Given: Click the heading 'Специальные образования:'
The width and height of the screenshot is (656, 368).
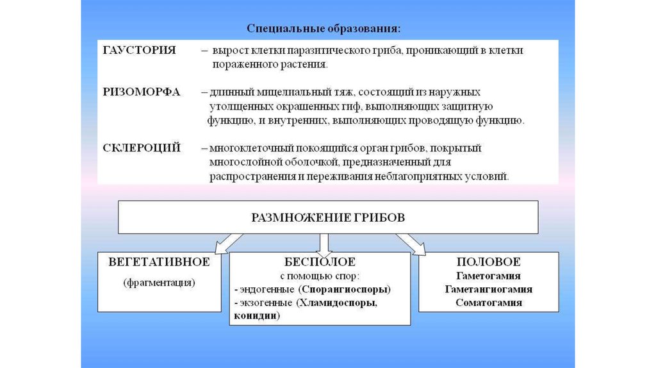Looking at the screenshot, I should click(325, 29).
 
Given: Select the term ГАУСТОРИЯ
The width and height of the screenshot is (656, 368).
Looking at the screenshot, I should click(139, 50).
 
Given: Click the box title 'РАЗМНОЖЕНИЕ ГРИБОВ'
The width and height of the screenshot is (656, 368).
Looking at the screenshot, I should click(328, 217).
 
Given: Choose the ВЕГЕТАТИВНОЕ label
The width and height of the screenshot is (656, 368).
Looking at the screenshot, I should click(160, 262).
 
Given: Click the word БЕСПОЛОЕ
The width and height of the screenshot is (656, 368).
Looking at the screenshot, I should click(320, 262).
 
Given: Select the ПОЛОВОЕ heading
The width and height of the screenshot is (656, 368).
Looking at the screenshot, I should click(488, 262).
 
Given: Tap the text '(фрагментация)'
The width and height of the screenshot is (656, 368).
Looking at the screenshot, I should click(160, 282).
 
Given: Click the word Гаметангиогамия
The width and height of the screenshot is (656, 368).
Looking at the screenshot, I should click(488, 289).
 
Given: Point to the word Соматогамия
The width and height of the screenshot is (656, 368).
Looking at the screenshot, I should click(488, 303).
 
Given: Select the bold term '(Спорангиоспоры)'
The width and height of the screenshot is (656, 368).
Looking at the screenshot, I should click(352, 289).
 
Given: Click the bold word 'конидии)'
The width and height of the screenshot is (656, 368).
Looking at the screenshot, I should click(257, 315).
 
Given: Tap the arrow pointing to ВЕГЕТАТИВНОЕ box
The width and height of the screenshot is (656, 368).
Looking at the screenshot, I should click(229, 243).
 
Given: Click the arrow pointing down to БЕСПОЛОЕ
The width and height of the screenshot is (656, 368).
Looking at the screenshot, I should click(324, 242).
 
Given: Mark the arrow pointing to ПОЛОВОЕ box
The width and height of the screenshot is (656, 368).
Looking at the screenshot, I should click(411, 243).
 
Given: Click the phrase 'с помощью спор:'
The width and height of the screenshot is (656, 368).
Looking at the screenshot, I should click(320, 276).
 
